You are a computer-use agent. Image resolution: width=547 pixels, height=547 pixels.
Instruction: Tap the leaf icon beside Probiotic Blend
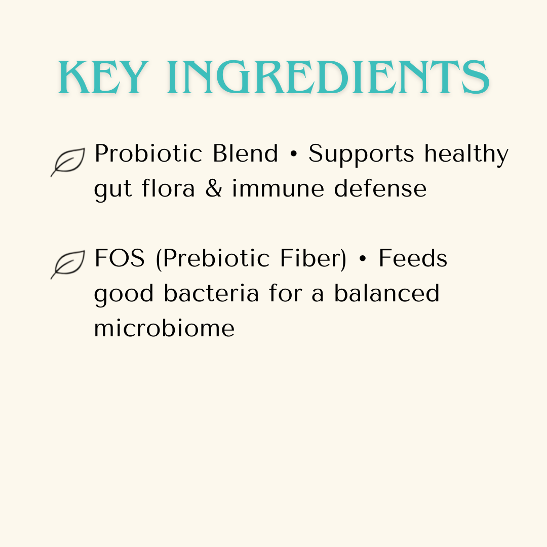coord(68,162)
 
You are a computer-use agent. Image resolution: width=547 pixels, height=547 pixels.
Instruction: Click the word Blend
coord(245,153)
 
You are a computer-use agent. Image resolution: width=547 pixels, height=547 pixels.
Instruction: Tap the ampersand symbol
coord(213,189)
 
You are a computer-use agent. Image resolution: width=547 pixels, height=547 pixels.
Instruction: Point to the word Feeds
coord(413,258)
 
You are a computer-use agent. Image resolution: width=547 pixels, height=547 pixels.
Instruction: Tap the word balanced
coord(386,293)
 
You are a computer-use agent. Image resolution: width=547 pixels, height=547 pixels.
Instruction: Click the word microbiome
coord(164,328)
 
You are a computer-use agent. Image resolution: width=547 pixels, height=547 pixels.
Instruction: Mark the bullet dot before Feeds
coord(363,259)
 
